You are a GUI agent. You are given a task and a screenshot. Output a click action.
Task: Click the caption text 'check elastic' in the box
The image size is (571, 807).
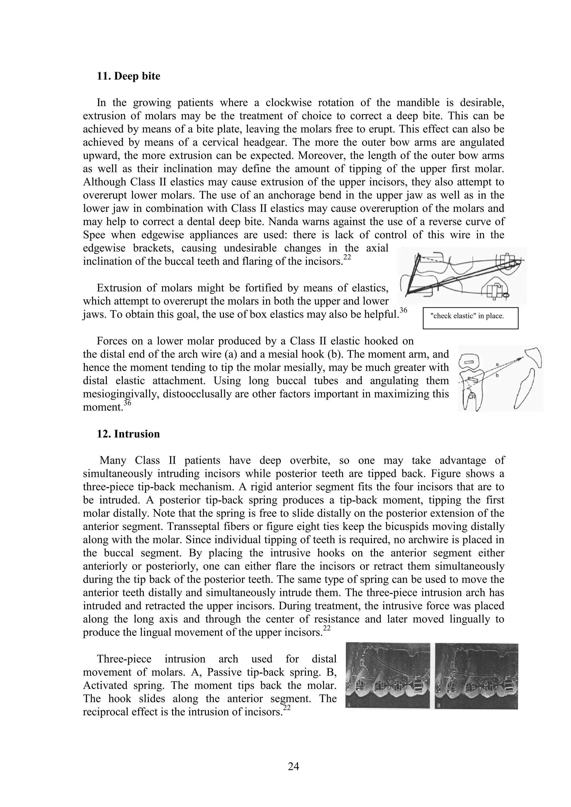[467, 316]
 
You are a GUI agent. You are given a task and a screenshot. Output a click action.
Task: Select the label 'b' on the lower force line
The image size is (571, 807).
[496, 375]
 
